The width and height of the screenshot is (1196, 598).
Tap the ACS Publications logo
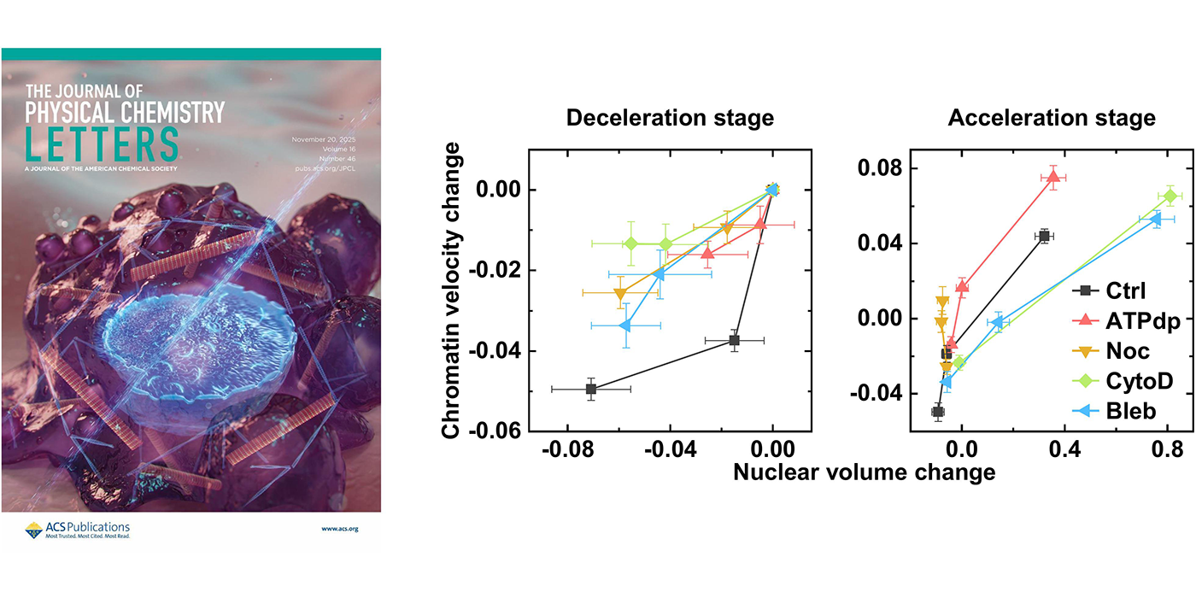point(77,530)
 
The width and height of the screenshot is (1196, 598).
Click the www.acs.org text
point(340,529)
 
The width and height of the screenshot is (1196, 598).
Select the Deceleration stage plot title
point(670,118)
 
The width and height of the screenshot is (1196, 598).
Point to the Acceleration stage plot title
point(1052,118)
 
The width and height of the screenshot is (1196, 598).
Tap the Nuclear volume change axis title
point(864,472)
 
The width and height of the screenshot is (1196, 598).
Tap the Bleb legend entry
point(1116,411)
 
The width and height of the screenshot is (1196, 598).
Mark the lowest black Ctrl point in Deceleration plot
point(591,389)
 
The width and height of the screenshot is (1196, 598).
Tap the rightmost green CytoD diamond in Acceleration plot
point(1170,196)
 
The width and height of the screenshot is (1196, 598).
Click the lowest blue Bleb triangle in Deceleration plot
point(625,325)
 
